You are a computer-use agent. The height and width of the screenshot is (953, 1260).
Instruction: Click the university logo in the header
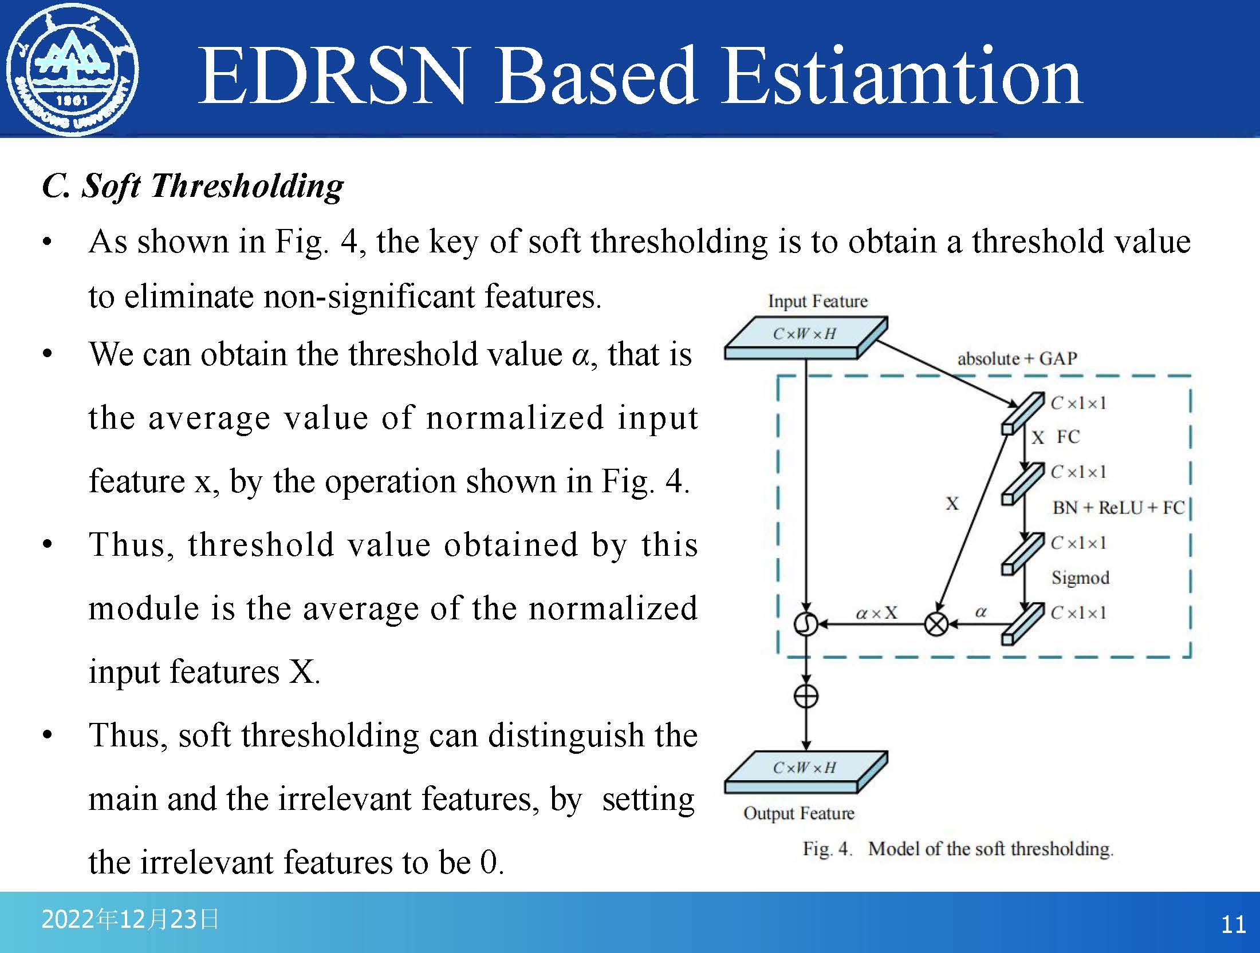[72, 69]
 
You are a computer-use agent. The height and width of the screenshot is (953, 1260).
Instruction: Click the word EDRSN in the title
[332, 76]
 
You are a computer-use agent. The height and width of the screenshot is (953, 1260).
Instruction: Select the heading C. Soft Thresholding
[193, 186]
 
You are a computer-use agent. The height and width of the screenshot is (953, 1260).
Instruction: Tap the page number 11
[1233, 924]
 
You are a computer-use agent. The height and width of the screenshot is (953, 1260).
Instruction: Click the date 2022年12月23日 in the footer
[130, 919]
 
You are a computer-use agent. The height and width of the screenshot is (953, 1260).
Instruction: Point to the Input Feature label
[817, 301]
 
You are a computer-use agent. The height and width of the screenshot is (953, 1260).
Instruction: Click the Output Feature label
[799, 813]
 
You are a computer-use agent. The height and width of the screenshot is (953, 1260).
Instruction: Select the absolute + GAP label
[1017, 359]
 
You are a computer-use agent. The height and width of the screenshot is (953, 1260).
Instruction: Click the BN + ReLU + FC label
[1119, 508]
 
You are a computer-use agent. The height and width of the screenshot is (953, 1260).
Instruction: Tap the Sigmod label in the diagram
[1080, 578]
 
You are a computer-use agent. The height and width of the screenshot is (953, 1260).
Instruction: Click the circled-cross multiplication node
[936, 624]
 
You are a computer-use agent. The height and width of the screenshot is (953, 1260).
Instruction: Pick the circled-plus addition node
[806, 696]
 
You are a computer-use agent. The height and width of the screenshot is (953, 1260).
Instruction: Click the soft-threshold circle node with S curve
[806, 624]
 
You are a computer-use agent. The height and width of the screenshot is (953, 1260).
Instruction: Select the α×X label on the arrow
[876, 614]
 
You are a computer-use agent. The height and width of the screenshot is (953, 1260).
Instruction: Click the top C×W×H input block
[806, 338]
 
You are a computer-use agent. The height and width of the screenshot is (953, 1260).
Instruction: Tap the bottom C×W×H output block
[806, 772]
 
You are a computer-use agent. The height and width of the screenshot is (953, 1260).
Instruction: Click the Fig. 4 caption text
[958, 848]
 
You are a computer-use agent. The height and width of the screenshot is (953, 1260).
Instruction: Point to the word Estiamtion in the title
[902, 76]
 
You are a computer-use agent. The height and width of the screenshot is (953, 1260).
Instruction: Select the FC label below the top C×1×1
[1068, 437]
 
